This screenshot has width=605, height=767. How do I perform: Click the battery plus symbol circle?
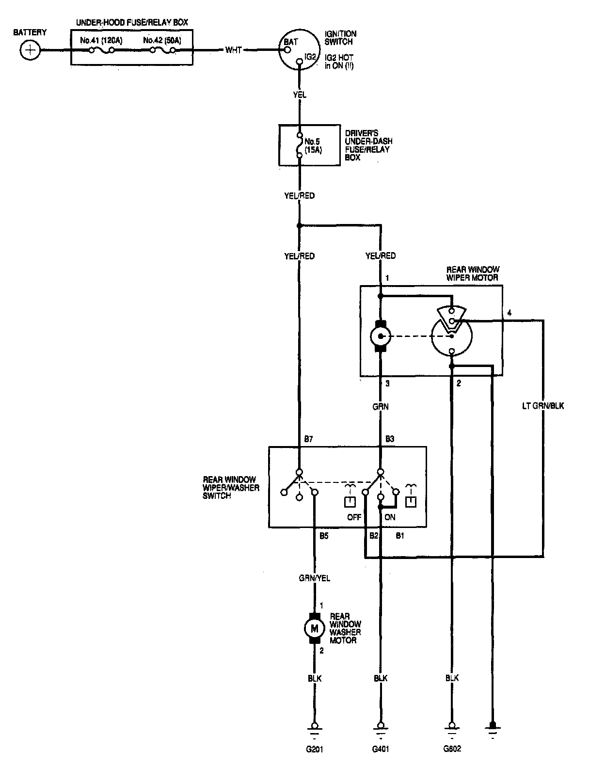31,50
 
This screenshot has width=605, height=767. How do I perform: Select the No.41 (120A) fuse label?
101,40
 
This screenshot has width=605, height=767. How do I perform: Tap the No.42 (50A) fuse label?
162,40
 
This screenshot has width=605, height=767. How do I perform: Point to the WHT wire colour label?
233,50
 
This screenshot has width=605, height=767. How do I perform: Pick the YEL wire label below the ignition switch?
300,95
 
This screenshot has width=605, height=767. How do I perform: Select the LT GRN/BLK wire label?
542,406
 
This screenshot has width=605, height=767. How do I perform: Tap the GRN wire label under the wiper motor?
381,407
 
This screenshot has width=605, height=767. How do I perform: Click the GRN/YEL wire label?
315,578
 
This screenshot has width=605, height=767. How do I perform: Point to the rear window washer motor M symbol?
315,629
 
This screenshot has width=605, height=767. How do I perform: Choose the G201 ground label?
315,749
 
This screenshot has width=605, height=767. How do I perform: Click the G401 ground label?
381,749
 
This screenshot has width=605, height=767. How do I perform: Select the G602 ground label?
452,749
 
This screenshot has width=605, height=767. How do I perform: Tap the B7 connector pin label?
308,439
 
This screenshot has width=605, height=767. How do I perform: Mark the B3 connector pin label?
389,439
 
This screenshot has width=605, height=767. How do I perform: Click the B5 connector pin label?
324,536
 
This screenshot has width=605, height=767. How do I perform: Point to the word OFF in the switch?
354,517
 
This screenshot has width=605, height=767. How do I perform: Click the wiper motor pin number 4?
509,313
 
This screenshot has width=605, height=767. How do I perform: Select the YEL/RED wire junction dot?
300,225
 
